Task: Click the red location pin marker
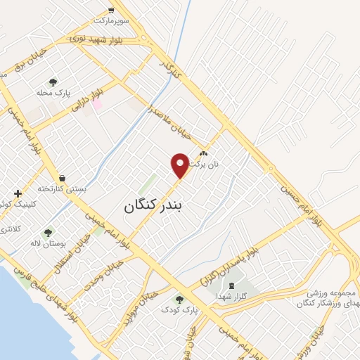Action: click(180, 165)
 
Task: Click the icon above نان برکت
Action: click(204, 153)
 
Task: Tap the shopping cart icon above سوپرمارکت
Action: click(111, 10)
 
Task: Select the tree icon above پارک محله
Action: click(53, 82)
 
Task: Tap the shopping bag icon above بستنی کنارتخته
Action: click(63, 178)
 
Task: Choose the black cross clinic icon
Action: click(18, 193)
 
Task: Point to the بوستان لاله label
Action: click(47, 243)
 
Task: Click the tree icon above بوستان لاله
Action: click(48, 232)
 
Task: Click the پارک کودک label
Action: click(179, 309)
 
